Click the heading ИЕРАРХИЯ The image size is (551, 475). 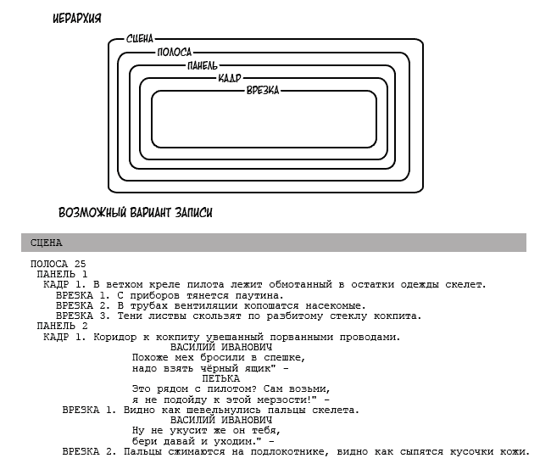(x=77, y=19)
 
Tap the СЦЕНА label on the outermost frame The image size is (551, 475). (x=140, y=39)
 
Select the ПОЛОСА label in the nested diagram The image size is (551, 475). (x=175, y=53)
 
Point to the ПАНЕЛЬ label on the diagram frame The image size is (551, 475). (x=203, y=65)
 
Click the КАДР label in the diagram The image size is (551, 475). (x=230, y=78)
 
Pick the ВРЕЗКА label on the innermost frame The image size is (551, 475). (x=263, y=91)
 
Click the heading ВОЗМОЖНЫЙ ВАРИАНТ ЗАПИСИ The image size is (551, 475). (x=136, y=213)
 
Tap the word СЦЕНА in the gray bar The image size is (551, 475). (x=47, y=243)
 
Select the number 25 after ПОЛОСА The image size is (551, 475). (x=81, y=264)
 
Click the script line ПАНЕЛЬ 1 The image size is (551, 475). (x=62, y=274)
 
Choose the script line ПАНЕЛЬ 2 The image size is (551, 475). (x=62, y=327)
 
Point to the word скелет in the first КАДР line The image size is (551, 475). (x=464, y=284)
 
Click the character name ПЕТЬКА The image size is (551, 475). (x=221, y=378)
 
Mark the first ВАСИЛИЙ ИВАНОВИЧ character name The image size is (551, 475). (x=221, y=347)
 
